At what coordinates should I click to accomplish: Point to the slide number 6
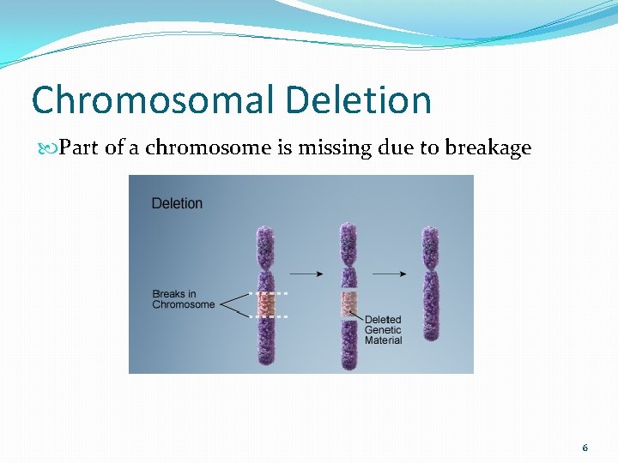[585, 448]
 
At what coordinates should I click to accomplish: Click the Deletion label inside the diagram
[177, 203]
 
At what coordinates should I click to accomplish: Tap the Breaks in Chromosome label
[184, 299]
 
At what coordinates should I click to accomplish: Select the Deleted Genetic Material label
[383, 330]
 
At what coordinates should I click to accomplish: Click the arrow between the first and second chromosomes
[306, 274]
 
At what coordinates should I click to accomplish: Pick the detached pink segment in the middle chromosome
[348, 302]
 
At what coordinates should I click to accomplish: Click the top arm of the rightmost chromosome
[430, 249]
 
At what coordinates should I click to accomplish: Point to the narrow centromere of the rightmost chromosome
[430, 274]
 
